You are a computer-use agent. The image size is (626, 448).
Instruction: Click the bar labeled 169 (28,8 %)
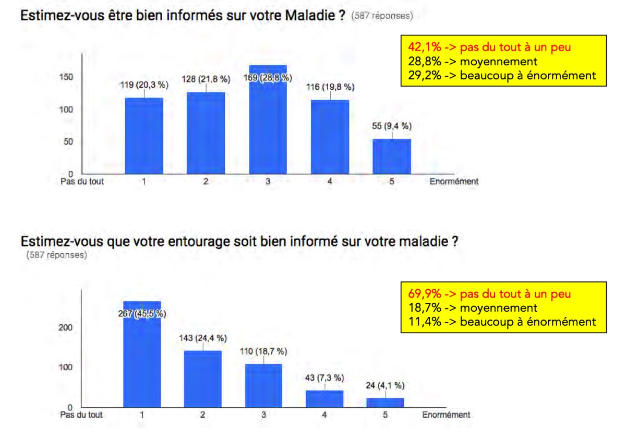[x=268, y=125]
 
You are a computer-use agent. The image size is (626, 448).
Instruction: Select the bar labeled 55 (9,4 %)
[x=391, y=156]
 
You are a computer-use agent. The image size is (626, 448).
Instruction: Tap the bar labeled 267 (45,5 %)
[x=142, y=360]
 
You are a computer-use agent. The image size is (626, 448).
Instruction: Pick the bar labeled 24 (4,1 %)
[x=386, y=403]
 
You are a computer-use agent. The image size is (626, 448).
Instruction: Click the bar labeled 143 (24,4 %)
[x=203, y=379]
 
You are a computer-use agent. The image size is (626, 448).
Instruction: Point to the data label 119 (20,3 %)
[x=144, y=84]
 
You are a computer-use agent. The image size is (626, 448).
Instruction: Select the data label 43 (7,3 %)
[x=324, y=378]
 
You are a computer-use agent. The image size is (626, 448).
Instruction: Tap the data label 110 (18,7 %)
[x=263, y=351]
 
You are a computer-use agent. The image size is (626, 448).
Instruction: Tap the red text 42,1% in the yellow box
[x=422, y=47]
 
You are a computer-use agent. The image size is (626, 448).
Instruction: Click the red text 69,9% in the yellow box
[x=422, y=294]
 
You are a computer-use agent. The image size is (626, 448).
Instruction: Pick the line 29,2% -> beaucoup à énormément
[x=498, y=75]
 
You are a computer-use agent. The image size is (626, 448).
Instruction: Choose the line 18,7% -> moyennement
[x=469, y=308]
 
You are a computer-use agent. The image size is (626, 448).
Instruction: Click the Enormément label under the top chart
[x=453, y=182]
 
